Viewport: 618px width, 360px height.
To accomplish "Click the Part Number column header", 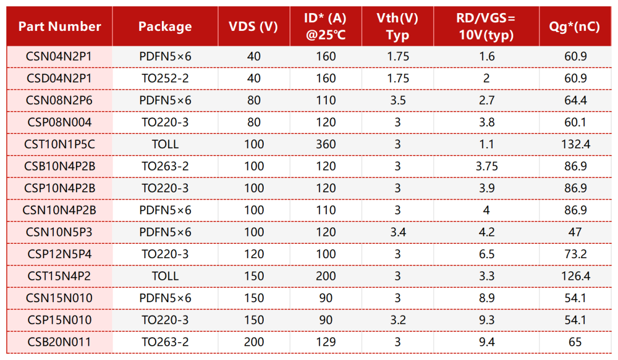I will (x=60, y=26).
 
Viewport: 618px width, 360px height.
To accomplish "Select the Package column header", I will (x=165, y=26).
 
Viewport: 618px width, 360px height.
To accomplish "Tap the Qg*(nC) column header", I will (x=575, y=26).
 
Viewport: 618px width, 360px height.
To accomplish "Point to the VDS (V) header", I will (x=253, y=26).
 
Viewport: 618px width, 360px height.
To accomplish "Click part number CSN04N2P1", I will (x=60, y=57).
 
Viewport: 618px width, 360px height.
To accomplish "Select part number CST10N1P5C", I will (x=60, y=144).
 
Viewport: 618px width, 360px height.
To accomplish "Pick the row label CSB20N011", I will (x=60, y=342).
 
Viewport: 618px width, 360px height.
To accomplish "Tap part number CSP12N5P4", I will (x=60, y=254).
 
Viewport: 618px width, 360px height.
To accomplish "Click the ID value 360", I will (x=326, y=144).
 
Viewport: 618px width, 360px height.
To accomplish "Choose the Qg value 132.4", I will (x=575, y=144).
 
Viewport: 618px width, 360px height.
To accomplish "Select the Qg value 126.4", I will (x=575, y=276).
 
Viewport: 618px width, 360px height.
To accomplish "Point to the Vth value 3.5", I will (x=397, y=100).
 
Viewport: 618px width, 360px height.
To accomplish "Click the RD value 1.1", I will (x=486, y=144).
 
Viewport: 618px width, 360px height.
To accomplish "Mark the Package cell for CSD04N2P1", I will (x=165, y=78).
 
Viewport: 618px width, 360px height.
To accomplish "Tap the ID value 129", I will (x=326, y=342).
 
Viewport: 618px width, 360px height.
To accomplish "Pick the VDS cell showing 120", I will (x=253, y=254).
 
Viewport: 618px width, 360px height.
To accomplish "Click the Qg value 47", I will (x=575, y=232).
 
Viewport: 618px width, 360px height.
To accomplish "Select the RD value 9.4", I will (x=486, y=342).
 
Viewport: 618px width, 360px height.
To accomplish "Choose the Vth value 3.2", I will (x=397, y=320).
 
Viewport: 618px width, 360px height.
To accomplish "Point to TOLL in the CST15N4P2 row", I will (x=165, y=276).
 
